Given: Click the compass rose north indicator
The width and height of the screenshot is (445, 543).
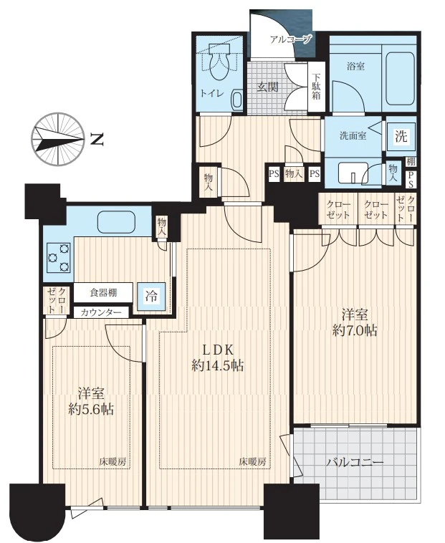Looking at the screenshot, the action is tap(58, 138).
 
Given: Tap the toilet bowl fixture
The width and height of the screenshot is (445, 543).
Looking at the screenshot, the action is tap(219, 62).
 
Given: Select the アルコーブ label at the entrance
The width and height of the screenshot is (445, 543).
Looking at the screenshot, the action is tap(291, 39).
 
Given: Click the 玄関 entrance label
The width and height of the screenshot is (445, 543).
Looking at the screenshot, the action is tap(268, 87).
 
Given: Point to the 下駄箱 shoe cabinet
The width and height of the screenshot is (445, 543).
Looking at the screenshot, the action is tap(316, 87).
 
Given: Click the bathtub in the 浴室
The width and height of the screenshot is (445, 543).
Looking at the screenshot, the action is tap(401, 79).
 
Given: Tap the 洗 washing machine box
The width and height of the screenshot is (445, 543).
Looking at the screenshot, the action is tap(401, 136).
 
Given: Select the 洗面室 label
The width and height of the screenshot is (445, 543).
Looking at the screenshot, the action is tap(353, 136).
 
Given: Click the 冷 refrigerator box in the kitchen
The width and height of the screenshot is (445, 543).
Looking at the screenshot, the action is tap(151, 296).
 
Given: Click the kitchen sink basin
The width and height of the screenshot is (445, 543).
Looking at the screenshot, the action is tap(115, 222).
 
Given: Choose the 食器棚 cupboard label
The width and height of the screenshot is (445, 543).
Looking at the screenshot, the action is tap(103, 293).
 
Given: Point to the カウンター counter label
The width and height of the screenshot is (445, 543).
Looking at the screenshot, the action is tap(101, 313).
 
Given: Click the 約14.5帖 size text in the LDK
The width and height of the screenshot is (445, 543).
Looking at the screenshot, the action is tap(217, 365).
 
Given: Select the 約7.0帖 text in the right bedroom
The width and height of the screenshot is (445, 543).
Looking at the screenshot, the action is tap(355, 331).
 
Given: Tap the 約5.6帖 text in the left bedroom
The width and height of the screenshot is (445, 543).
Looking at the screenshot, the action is tap(91, 410).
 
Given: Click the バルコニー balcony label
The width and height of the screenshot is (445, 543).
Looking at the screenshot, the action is tap(355, 462).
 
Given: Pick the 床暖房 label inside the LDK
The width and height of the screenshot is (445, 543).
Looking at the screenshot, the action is tap(252, 461).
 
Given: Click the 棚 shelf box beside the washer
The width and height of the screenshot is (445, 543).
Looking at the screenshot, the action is tap(411, 161).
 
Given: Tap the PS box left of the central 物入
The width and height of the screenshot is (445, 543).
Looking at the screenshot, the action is tap(274, 173).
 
